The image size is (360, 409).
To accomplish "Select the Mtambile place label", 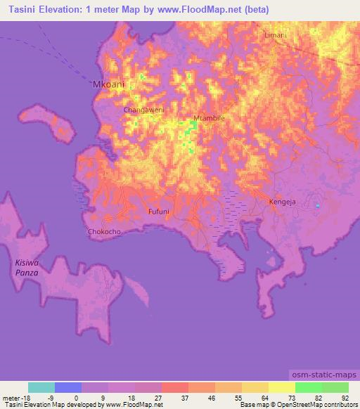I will [x=209, y=118].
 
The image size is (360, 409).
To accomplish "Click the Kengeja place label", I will [x=283, y=202].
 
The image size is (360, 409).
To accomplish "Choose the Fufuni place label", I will [x=158, y=211].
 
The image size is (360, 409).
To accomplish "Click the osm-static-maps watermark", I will [x=324, y=372].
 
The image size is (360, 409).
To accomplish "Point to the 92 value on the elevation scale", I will [x=345, y=397].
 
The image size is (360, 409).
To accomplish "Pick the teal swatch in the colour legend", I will [x=41, y=387].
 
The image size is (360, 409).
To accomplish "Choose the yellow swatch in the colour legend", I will [x=282, y=387].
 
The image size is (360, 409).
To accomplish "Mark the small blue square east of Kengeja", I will [x=318, y=206].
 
